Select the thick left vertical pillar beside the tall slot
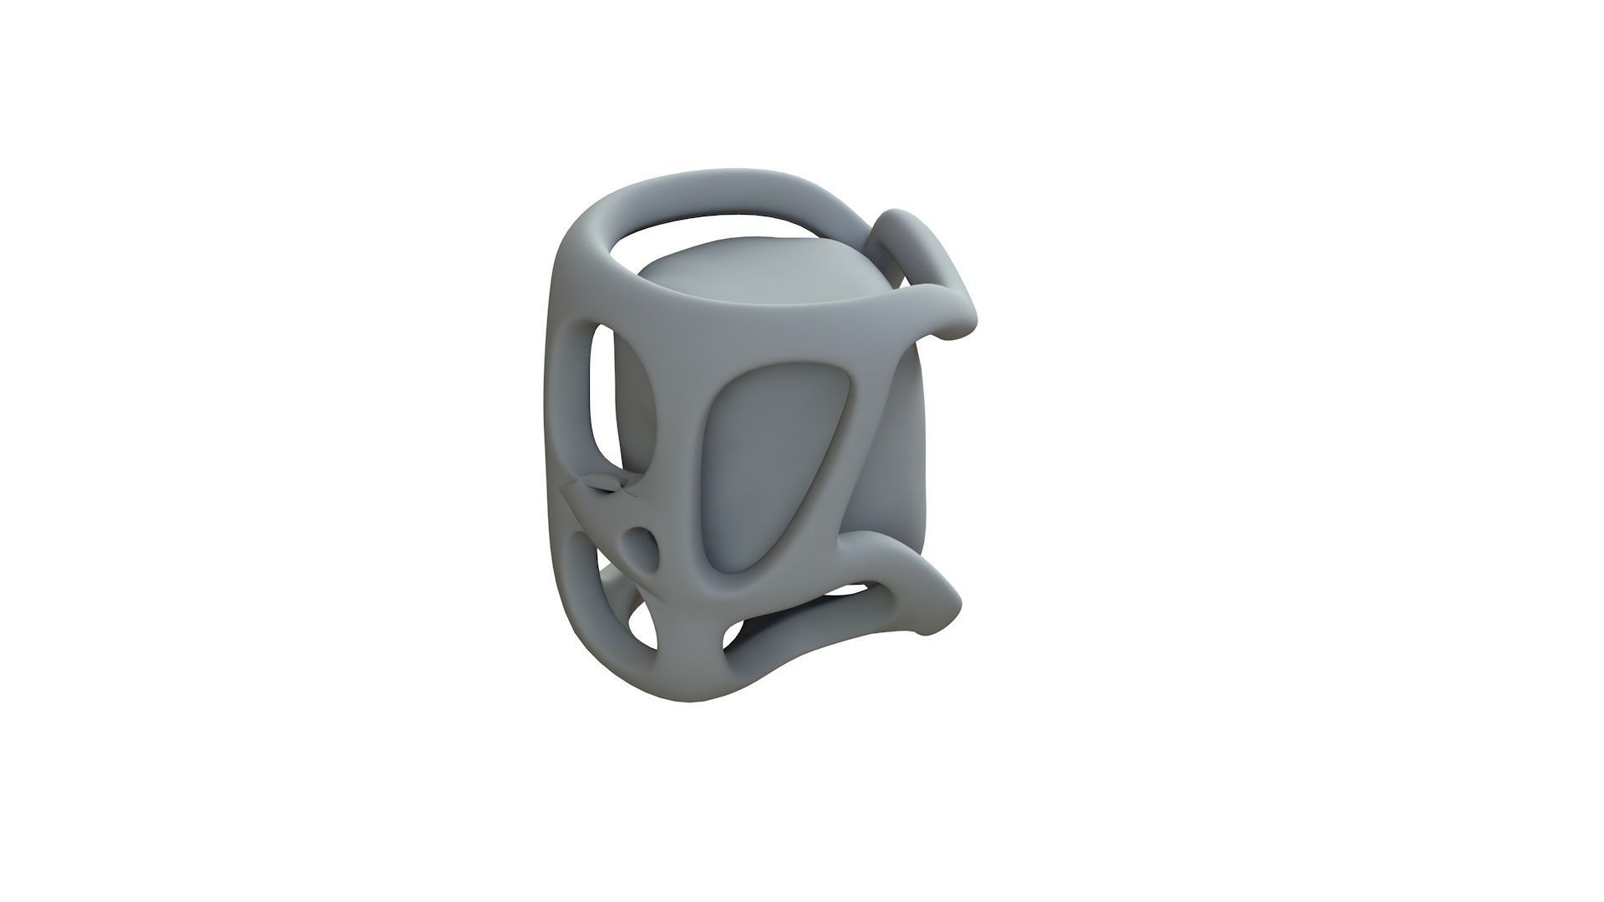568,393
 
